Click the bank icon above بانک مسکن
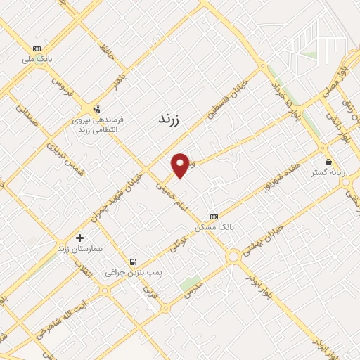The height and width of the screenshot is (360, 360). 214,217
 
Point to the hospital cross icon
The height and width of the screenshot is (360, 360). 80,238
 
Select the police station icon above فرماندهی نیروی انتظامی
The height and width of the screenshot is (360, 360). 97,109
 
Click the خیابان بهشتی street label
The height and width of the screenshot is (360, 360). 262,239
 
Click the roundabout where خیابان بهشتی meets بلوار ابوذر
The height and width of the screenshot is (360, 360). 233,257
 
